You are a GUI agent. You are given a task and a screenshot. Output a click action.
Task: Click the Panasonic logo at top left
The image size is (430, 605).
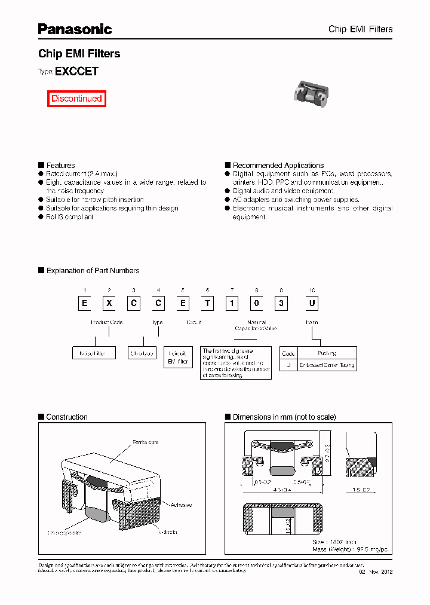[75, 29]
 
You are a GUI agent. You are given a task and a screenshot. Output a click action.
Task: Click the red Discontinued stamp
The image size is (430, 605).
[76, 99]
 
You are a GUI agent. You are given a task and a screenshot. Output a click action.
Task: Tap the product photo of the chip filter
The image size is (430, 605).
[311, 93]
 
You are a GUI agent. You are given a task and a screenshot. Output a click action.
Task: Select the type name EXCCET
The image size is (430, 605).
[76, 71]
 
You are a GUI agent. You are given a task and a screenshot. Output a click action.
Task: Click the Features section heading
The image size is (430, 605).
[60, 165]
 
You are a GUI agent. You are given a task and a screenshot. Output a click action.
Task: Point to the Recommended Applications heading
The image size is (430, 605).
[278, 165]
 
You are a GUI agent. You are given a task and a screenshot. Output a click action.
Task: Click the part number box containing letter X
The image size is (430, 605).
[109, 303]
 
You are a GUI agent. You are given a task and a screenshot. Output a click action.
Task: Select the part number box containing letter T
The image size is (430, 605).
[207, 303]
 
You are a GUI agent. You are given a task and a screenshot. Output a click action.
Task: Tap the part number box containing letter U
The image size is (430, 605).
[311, 303]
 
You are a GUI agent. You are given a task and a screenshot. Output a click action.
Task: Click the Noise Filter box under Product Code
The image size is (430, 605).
[93, 353]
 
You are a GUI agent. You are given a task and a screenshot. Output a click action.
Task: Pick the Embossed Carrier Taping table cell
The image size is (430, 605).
[327, 365]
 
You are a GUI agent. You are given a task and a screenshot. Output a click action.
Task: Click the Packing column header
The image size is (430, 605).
[327, 353]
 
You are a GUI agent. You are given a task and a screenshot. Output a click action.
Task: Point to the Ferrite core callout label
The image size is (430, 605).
[145, 442]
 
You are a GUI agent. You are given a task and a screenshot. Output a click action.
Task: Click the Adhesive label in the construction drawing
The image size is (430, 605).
[181, 505]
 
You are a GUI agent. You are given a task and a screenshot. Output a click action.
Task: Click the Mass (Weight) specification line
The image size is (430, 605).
[349, 549]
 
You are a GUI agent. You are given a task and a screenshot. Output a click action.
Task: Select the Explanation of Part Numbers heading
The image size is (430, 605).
[93, 270]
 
